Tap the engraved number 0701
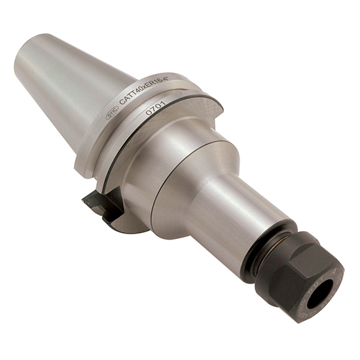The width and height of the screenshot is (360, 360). (156, 107)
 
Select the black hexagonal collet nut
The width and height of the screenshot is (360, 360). (298, 275)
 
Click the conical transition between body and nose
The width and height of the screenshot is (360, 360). (196, 170)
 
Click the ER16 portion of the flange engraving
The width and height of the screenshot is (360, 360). (158, 86)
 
